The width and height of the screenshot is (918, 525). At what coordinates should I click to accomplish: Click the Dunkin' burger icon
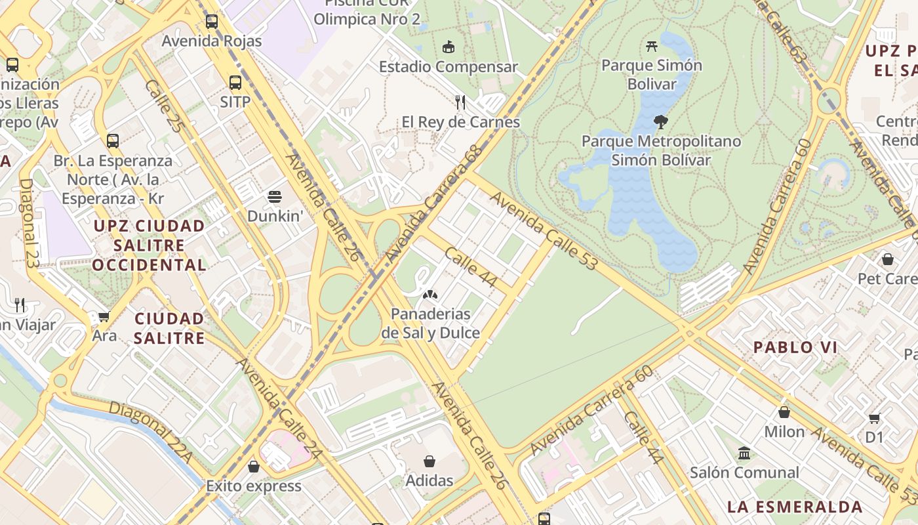275,196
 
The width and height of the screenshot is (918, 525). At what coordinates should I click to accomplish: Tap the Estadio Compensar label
449,67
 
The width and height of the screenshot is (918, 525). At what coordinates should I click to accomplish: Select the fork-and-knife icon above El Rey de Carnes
460,102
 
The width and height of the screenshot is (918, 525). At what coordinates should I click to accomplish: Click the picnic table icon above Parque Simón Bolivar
651,46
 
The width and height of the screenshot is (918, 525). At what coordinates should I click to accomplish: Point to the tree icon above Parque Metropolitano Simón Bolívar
661,121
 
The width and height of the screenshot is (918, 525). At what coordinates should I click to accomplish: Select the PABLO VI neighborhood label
795,348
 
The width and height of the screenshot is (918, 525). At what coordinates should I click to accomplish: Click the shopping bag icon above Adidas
429,461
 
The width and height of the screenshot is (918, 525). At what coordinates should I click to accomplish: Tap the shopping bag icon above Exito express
254,467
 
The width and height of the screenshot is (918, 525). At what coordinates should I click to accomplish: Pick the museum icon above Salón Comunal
744,453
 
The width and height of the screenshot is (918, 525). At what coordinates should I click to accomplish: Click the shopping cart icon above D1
874,418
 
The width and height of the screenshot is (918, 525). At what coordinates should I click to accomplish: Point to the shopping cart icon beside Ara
104,317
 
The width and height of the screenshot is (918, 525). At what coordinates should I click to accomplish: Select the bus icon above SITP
235,83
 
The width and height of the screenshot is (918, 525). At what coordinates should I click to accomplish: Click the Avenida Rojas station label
212,41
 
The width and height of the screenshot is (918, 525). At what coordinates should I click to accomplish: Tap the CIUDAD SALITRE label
170,328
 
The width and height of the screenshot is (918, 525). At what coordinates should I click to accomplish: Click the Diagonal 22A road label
150,432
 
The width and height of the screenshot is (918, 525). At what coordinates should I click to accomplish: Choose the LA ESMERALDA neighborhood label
795,507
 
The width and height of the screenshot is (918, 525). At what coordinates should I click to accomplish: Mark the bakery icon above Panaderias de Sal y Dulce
430,295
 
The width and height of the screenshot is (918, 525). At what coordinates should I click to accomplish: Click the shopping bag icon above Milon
784,412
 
